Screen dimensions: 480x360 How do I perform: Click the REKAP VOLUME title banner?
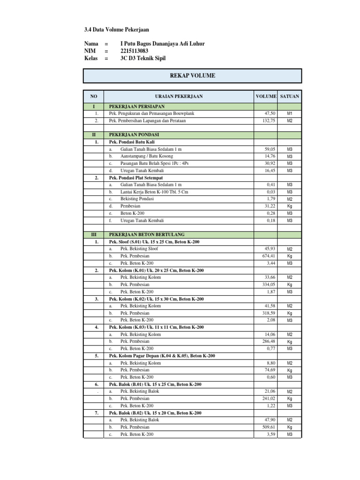click(192, 75)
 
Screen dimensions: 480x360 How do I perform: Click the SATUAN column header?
click(290, 96)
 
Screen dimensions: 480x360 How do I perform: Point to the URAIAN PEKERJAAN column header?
click(179, 96)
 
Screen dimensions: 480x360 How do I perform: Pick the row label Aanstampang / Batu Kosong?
click(147, 156)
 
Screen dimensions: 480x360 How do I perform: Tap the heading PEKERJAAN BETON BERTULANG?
click(147, 234)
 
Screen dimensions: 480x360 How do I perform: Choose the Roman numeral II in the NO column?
click(94, 135)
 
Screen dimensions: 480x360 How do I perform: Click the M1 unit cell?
click(290, 114)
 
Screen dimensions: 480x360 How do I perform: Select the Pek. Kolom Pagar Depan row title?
click(162, 356)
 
